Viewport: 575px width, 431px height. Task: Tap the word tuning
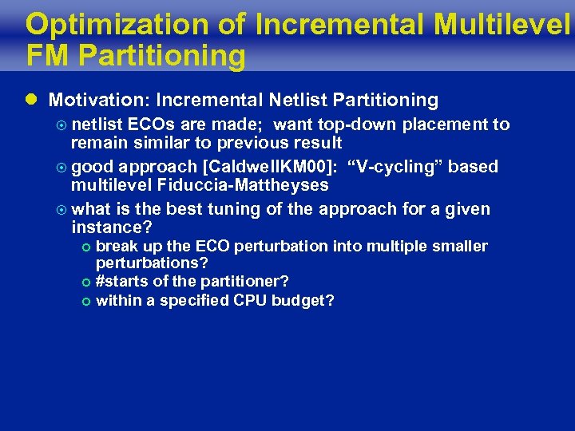pos(225,209)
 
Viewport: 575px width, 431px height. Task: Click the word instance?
pos(111,228)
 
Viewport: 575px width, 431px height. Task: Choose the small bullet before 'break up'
pos(86,247)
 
